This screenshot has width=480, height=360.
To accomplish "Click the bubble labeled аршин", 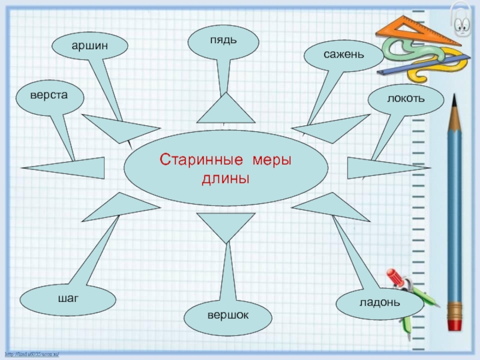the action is [x=90, y=46].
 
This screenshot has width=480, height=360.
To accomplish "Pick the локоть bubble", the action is [x=406, y=98].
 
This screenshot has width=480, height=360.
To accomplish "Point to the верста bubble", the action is [x=50, y=96].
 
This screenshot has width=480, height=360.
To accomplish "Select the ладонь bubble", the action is [x=379, y=302].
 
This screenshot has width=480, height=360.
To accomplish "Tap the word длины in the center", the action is [x=226, y=179].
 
